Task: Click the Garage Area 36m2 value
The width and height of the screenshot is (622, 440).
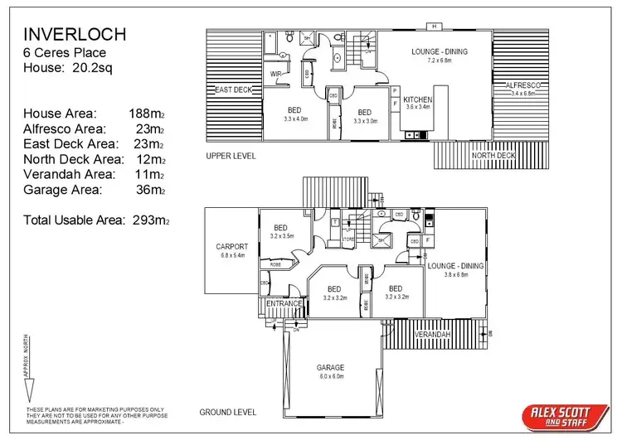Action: point(151,190)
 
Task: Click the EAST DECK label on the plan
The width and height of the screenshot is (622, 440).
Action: point(233,89)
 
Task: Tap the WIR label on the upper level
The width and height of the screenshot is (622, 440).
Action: point(276,74)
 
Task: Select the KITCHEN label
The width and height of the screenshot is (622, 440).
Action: point(419,98)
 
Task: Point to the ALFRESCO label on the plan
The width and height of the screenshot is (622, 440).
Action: point(522,85)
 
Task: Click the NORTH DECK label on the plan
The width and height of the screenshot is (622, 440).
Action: point(493,155)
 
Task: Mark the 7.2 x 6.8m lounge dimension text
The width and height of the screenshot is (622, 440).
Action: point(439,60)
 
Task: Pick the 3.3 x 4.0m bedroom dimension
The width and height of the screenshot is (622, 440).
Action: point(295,119)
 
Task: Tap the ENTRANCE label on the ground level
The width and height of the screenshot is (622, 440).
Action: point(284,304)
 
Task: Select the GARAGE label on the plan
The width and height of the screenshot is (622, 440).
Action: point(330,367)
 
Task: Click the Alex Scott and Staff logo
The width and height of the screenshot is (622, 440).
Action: point(553,415)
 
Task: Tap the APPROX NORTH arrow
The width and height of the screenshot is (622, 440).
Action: point(27,365)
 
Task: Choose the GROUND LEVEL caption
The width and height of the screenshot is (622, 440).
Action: point(228,412)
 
